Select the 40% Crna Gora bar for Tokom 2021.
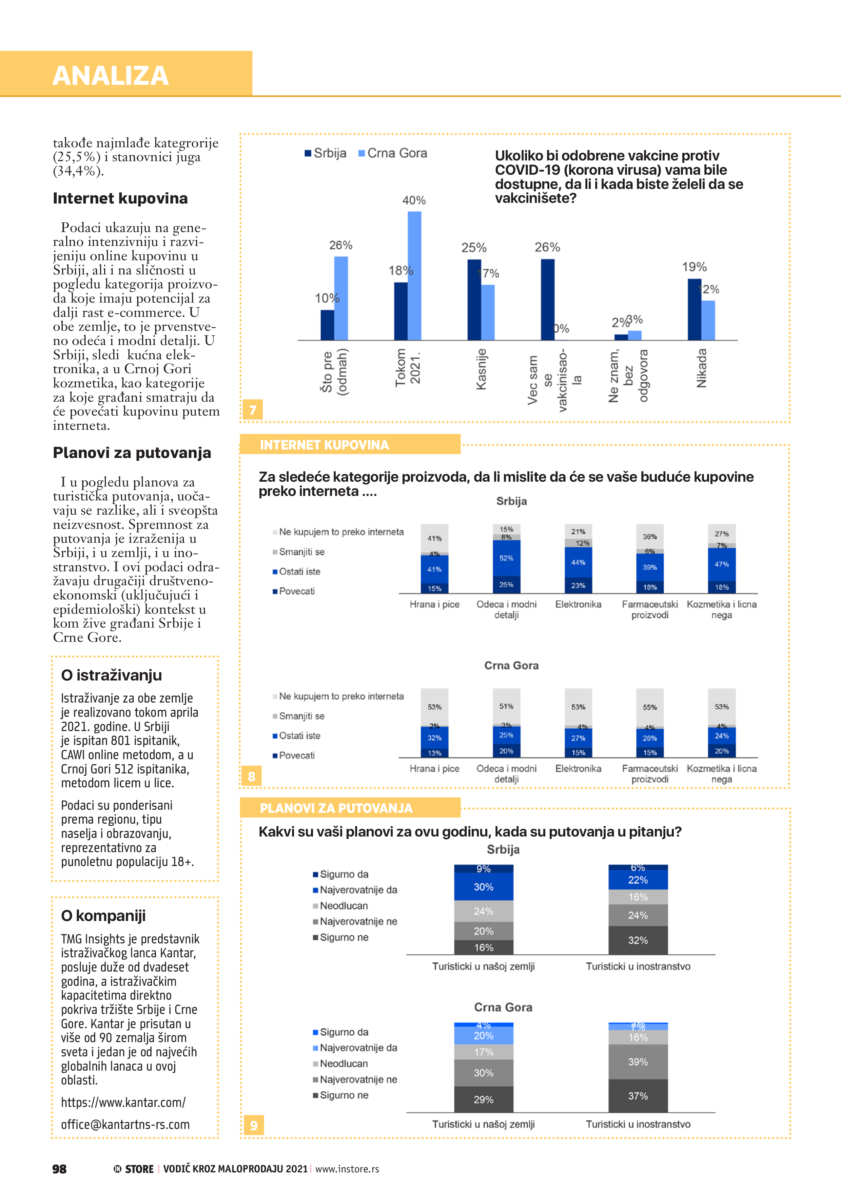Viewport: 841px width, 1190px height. coord(414,275)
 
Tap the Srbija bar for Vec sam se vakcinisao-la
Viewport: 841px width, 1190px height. coord(547,299)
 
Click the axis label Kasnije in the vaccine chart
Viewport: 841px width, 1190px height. coord(482,369)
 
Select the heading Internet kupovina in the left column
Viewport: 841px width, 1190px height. coord(120,198)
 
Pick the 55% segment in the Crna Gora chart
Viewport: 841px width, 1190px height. coord(650,707)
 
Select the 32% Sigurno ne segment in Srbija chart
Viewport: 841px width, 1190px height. coord(638,940)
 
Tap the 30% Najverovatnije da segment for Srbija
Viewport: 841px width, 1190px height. coord(484,887)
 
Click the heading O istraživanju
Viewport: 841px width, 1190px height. coord(112,675)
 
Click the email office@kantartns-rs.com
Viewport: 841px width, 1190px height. coord(125,1125)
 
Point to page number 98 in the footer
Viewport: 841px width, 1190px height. coord(60,1169)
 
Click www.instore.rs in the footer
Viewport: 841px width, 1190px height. coord(347,1169)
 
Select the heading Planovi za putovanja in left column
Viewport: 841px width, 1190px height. coord(132,453)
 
